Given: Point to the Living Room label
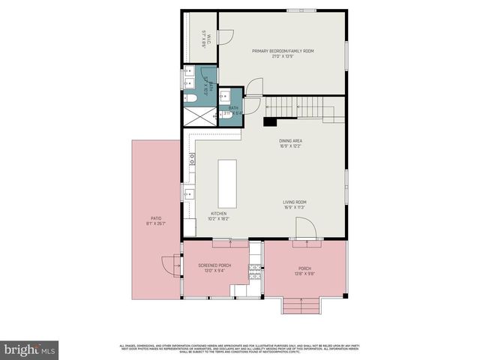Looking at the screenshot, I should coord(294,204).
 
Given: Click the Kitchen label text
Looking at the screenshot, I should coord(208,215).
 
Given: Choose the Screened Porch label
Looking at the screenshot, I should coord(214,268).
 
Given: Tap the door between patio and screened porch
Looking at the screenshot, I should coord(171,265).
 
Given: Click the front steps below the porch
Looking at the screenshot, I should coord(300,306).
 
